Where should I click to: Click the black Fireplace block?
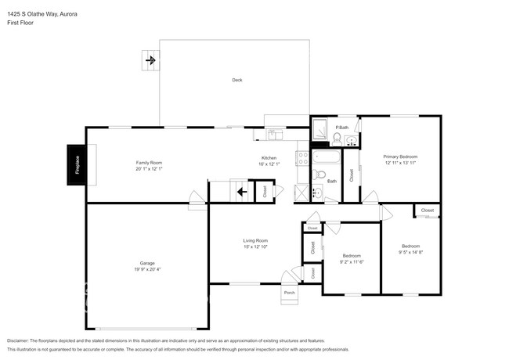click(76, 166)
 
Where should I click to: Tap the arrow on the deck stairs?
click(150, 59)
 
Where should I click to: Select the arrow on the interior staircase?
click(242, 190)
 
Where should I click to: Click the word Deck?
click(236, 80)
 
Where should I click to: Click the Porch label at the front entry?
click(289, 293)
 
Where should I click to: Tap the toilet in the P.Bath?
click(337, 139)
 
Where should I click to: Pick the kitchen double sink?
click(273, 135)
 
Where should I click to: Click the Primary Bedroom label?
click(400, 157)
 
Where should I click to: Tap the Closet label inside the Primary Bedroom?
click(351, 175)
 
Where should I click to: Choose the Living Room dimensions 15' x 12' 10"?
click(255, 247)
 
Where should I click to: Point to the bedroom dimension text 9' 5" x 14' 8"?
click(411, 252)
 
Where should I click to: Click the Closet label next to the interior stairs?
click(266, 190)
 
